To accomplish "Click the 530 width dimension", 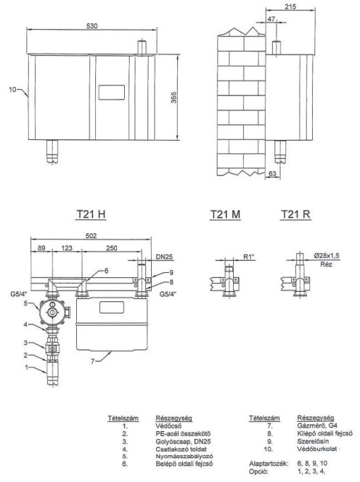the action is pyautogui.click(x=91, y=26).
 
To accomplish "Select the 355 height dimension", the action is pyautogui.click(x=173, y=97).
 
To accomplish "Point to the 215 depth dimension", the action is pyautogui.click(x=290, y=7).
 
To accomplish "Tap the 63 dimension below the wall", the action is pyautogui.click(x=272, y=173).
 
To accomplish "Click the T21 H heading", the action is pyautogui.click(x=91, y=214).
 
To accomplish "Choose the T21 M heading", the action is pyautogui.click(x=225, y=214).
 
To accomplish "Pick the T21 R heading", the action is pyautogui.click(x=295, y=214).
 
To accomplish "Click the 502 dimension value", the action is pyautogui.click(x=91, y=236).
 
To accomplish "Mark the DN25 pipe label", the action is pyautogui.click(x=164, y=256).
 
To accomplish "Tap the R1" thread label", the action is pyautogui.click(x=250, y=256).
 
